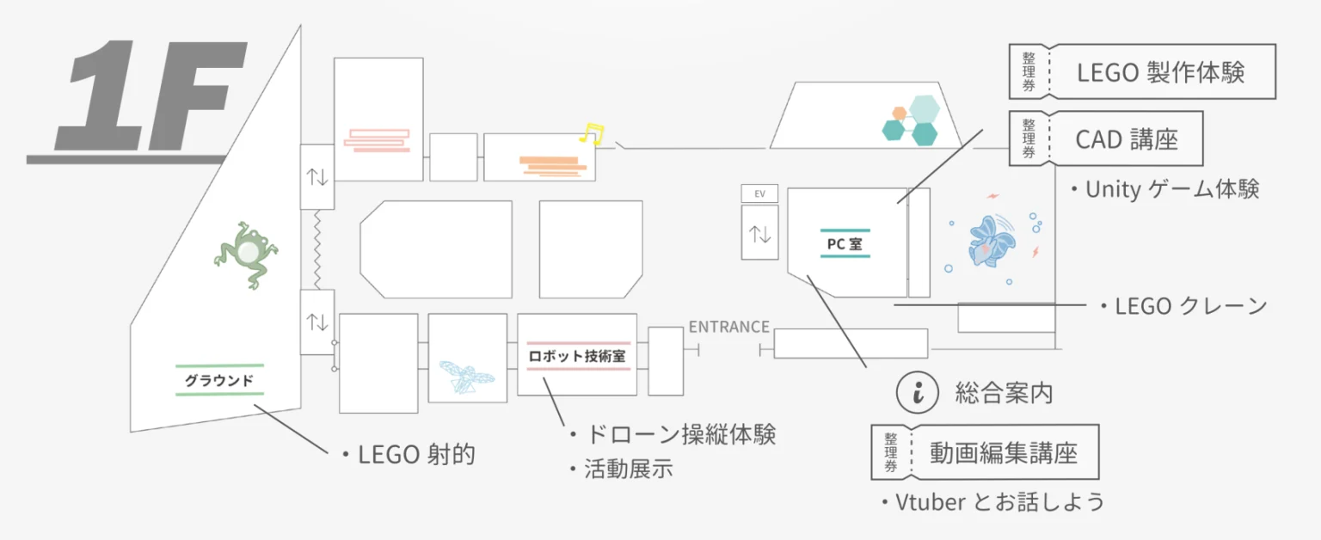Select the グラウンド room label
tap(219, 380)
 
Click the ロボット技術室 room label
tap(577, 356)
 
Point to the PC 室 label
tap(845, 244)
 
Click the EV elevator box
tap(759, 193)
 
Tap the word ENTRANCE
tap(728, 327)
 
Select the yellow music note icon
tap(591, 133)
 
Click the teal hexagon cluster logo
tap(912, 120)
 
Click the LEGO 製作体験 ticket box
tap(1142, 72)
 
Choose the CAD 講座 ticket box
tap(1105, 138)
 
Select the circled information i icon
tap(917, 393)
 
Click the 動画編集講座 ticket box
tap(985, 452)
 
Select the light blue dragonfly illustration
tap(465, 376)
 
